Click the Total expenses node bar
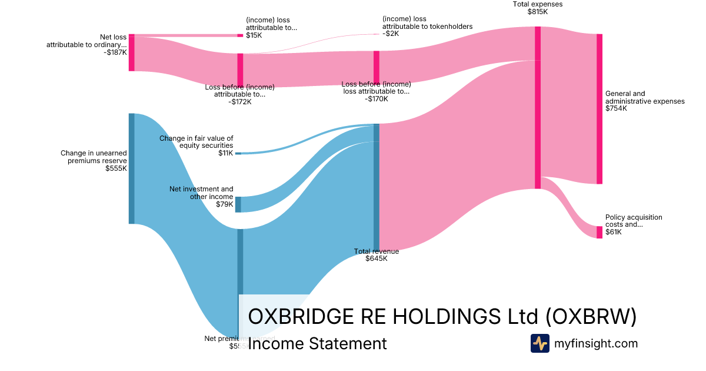pos(537,107)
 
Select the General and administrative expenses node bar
pos(600,109)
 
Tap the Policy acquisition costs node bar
pos(600,232)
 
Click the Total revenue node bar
pos(377,187)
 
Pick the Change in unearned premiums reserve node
pos(132,168)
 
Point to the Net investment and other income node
pos(238,204)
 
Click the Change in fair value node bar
pos(238,153)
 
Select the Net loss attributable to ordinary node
pos(132,53)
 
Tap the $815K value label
pos(538,12)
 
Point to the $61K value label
pos(614,232)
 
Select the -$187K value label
pos(115,52)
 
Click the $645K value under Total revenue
pos(377,259)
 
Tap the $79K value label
pos(225,204)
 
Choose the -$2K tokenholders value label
pos(391,34)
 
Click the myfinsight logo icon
pos(540,343)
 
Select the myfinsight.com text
pos(596,343)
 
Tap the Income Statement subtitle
pos(318,344)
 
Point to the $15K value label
pos(254,35)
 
